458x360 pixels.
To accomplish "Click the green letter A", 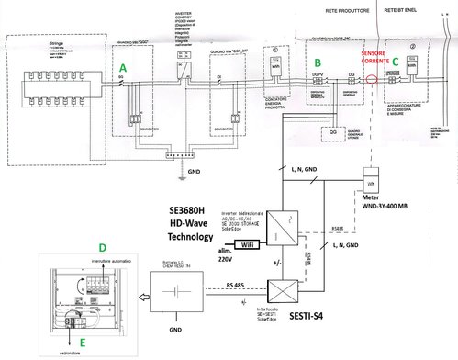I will click(122, 68).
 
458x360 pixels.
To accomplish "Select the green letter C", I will click(396, 62).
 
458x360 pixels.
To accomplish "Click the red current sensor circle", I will click(371, 79).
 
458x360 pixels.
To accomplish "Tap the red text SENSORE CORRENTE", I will click(375, 60).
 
